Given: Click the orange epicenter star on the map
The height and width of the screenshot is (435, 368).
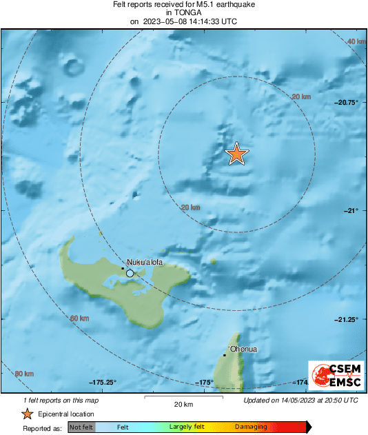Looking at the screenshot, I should coord(236,154).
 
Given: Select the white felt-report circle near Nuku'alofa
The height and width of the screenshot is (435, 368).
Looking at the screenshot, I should coord(130,274).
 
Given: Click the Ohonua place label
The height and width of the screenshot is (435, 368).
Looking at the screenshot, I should coord(244,349).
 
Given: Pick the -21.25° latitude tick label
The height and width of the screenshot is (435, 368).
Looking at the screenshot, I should coord(346,319).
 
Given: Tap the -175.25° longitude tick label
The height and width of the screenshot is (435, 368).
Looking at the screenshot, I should coord(103,383).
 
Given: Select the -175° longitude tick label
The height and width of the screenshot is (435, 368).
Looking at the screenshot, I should coord(205,383).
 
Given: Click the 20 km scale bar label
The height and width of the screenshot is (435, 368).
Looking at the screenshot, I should coord(183,404).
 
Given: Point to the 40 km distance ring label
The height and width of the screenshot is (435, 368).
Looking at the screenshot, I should coord(356,42).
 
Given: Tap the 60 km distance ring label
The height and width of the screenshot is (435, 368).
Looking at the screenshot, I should coord(80,318).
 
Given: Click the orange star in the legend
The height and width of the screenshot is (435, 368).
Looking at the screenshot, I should coord(27,414).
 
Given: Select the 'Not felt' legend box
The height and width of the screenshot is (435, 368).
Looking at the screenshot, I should coord(81,427).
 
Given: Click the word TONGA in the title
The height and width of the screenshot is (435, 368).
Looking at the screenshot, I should coord(183,12).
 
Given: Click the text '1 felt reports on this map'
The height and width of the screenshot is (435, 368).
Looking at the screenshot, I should coord(61,400).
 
